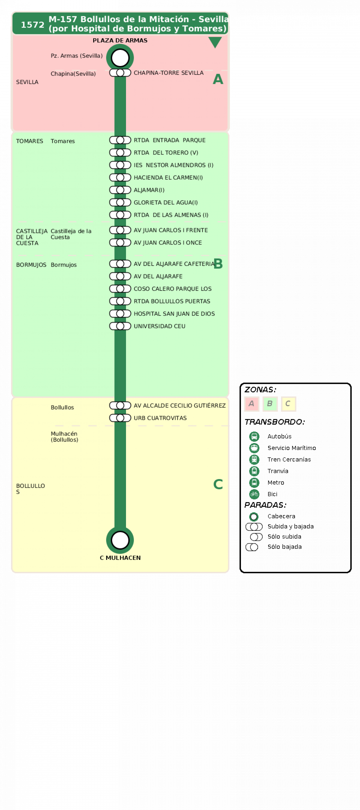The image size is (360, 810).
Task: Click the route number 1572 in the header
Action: (32, 24)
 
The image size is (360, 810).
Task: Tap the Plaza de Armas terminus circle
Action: (120, 58)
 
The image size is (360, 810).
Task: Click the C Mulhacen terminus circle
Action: (120, 540)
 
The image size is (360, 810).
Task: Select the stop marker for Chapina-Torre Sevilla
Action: (120, 73)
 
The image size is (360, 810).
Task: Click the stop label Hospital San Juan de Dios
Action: (174, 313)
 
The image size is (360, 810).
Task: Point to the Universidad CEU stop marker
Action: (120, 326)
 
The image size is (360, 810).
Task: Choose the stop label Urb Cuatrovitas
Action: (160, 418)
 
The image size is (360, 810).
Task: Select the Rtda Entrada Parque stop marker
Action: (120, 140)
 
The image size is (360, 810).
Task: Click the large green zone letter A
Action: (218, 79)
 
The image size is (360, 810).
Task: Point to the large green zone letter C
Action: (218, 484)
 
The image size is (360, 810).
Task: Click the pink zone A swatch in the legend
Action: (251, 404)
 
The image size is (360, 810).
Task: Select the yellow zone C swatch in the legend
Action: (288, 404)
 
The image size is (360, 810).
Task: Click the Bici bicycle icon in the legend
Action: (254, 494)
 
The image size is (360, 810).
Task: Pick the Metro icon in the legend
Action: (254, 482)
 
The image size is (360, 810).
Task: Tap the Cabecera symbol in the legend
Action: (254, 516)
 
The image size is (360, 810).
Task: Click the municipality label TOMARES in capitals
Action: (30, 141)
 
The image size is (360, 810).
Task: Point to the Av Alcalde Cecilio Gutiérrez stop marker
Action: (120, 405)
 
